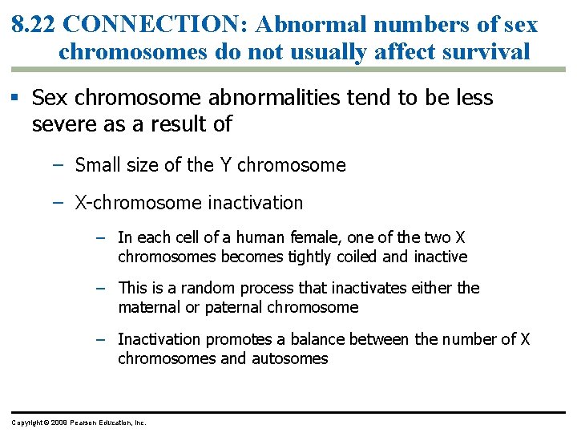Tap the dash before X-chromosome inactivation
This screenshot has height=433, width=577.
58,203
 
